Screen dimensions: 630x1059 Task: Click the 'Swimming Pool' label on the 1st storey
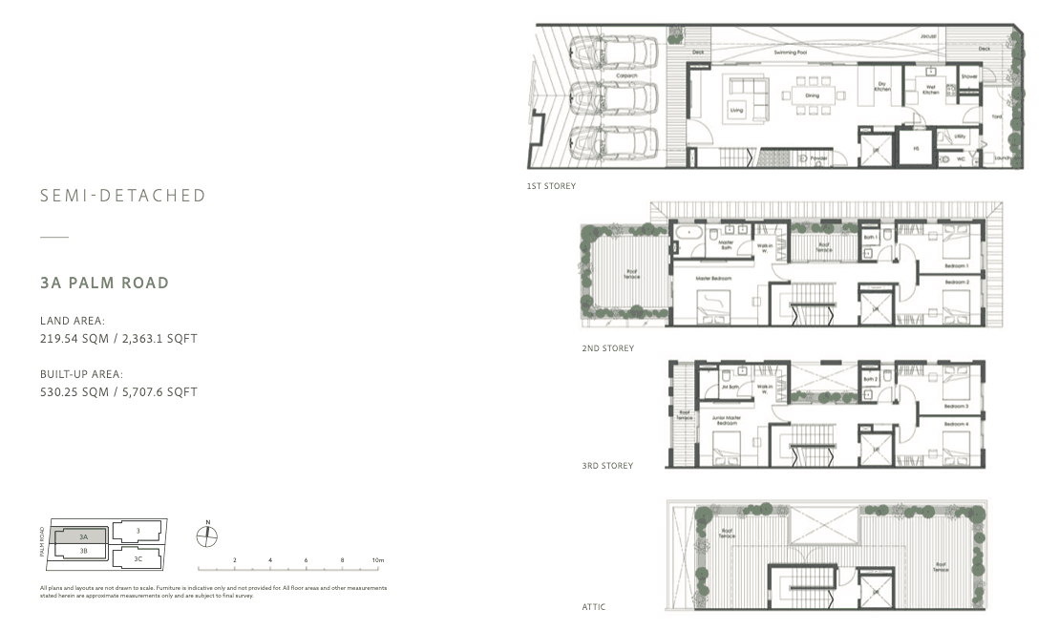tap(788, 53)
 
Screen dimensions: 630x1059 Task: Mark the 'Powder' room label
tap(818, 159)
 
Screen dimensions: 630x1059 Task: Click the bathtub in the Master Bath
tap(686, 232)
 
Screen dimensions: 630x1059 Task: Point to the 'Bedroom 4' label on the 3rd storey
tap(957, 424)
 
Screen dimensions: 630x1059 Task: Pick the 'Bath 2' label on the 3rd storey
tap(869, 379)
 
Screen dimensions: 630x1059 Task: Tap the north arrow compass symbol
tap(207, 535)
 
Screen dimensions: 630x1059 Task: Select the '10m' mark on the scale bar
tap(378, 559)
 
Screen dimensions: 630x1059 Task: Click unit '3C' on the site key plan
tap(138, 558)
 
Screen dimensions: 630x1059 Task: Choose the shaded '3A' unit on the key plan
tap(83, 537)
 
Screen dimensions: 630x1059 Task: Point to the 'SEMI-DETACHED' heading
tap(123, 196)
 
